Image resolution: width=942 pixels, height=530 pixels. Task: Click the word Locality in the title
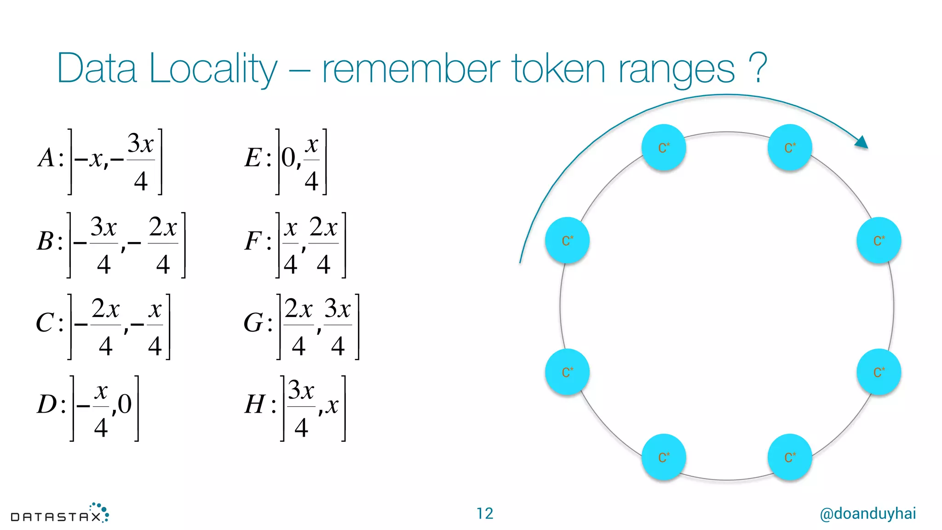pyautogui.click(x=213, y=69)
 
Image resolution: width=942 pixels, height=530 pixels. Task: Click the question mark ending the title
pyautogui.click(x=757, y=68)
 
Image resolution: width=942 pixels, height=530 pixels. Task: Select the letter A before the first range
pyautogui.click(x=47, y=158)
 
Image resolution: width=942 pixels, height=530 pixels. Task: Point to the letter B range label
pyautogui.click(x=46, y=241)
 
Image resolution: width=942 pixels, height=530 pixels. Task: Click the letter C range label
pyautogui.click(x=45, y=323)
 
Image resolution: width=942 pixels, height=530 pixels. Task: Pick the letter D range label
pyautogui.click(x=47, y=404)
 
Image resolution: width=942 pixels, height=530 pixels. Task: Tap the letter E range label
pyautogui.click(x=253, y=158)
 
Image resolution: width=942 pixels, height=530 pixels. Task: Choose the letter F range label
pyautogui.click(x=253, y=241)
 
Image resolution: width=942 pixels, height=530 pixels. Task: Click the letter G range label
pyautogui.click(x=253, y=323)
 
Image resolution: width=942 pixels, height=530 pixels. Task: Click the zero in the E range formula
pyautogui.click(x=288, y=158)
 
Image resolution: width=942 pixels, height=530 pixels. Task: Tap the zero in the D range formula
pyautogui.click(x=125, y=404)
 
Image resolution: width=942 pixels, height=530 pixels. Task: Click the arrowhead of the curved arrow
pyautogui.click(x=862, y=142)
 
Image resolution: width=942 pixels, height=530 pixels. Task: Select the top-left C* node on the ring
pyautogui.click(x=663, y=148)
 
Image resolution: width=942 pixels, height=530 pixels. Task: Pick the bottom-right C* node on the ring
pyautogui.click(x=790, y=457)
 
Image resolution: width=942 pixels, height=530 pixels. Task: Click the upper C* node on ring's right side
pyautogui.click(x=879, y=240)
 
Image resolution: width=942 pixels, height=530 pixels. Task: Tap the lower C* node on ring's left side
pyautogui.click(x=567, y=372)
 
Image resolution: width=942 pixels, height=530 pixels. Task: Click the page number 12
pyautogui.click(x=484, y=513)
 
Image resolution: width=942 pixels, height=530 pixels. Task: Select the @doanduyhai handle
pyautogui.click(x=867, y=513)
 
